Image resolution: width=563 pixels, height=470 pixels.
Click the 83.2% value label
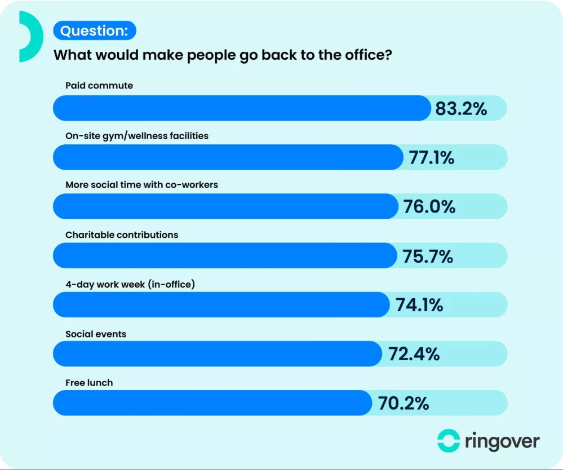(461, 108)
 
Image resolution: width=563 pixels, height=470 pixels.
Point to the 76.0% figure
(429, 207)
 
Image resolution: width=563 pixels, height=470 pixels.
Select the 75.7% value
(428, 256)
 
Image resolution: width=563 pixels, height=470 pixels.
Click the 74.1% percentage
(419, 305)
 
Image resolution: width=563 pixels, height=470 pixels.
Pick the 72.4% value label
(414, 354)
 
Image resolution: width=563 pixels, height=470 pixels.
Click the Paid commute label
(99, 86)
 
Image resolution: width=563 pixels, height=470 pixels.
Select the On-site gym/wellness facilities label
(137, 136)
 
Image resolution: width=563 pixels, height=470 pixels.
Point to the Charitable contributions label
(122, 234)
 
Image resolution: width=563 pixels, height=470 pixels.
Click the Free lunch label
(89, 383)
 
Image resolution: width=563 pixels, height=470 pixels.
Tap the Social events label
(96, 334)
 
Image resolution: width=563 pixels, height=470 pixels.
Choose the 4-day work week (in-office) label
(130, 284)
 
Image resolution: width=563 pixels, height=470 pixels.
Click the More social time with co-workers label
(141, 185)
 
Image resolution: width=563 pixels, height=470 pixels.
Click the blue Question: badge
(95, 30)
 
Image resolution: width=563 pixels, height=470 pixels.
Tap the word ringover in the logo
(502, 441)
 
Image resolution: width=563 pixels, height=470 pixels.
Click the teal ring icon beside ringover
(449, 441)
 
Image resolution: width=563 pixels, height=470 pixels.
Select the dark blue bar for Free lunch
(212, 404)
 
